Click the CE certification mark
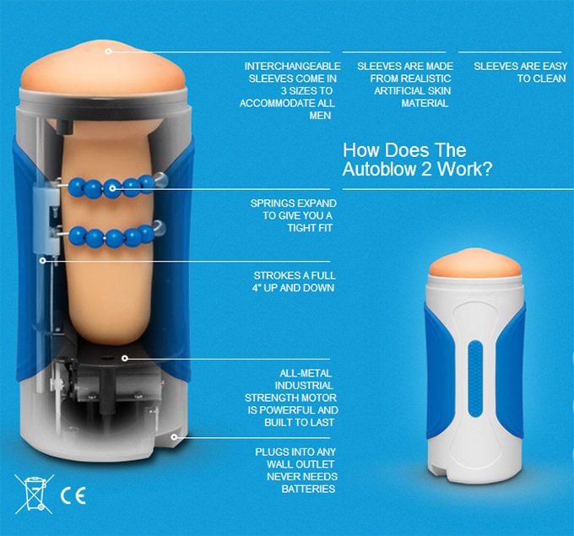[73, 495]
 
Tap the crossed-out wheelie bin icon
[34, 494]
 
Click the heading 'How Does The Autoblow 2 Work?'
[417, 160]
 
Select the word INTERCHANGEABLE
[293, 67]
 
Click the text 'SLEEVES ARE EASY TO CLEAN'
[520, 72]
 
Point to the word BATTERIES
[308, 489]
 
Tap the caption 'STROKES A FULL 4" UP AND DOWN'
[294, 282]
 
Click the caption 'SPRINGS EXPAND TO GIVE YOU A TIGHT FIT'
[293, 215]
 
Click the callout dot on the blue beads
[112, 188]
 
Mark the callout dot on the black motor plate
[125, 358]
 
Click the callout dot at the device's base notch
[174, 436]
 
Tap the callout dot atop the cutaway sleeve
[108, 51]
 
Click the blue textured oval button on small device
[475, 378]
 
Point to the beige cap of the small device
[475, 263]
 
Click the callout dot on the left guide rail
[43, 260]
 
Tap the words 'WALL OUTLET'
[301, 464]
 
